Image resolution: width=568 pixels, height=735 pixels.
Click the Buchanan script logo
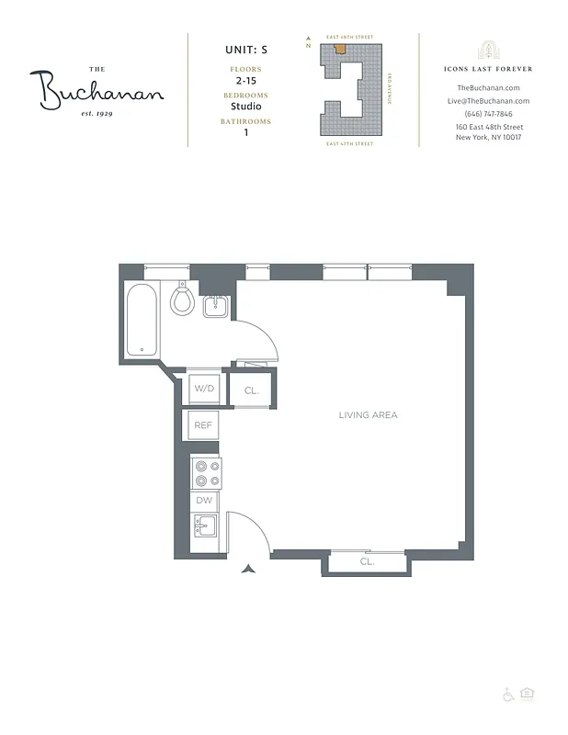point(101,89)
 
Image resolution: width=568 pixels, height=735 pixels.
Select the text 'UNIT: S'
point(244,51)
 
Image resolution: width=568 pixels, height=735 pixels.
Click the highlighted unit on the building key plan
point(339,49)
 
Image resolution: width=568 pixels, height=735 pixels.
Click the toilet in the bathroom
point(182,300)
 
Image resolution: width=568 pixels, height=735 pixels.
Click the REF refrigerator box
point(203,425)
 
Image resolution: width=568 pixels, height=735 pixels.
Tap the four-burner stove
point(205,472)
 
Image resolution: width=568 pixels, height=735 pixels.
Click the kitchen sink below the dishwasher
point(204,526)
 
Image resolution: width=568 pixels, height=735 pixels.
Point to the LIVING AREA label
point(368,415)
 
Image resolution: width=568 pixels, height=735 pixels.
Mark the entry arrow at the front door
point(247,570)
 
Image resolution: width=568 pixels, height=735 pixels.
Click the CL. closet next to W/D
point(252,390)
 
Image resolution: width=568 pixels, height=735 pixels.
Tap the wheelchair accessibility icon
point(508,695)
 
